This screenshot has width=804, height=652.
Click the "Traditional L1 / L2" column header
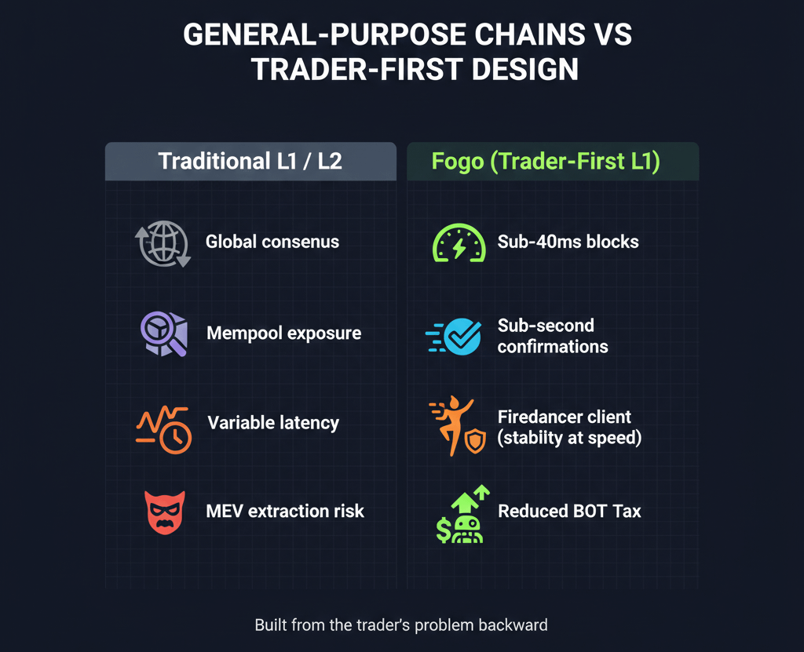point(250,162)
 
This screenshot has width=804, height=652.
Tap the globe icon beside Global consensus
point(163,243)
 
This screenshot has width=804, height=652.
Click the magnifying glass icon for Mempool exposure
point(163,333)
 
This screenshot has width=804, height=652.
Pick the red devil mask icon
point(164,513)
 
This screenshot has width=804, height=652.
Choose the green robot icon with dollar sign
point(462,515)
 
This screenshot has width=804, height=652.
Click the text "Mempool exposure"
point(283,333)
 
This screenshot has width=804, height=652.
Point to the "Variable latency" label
point(273,424)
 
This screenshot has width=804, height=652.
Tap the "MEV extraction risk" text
point(285,512)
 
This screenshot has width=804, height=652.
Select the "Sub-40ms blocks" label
point(568,242)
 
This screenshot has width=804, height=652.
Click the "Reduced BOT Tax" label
point(569,512)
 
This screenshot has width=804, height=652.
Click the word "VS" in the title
point(612,35)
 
